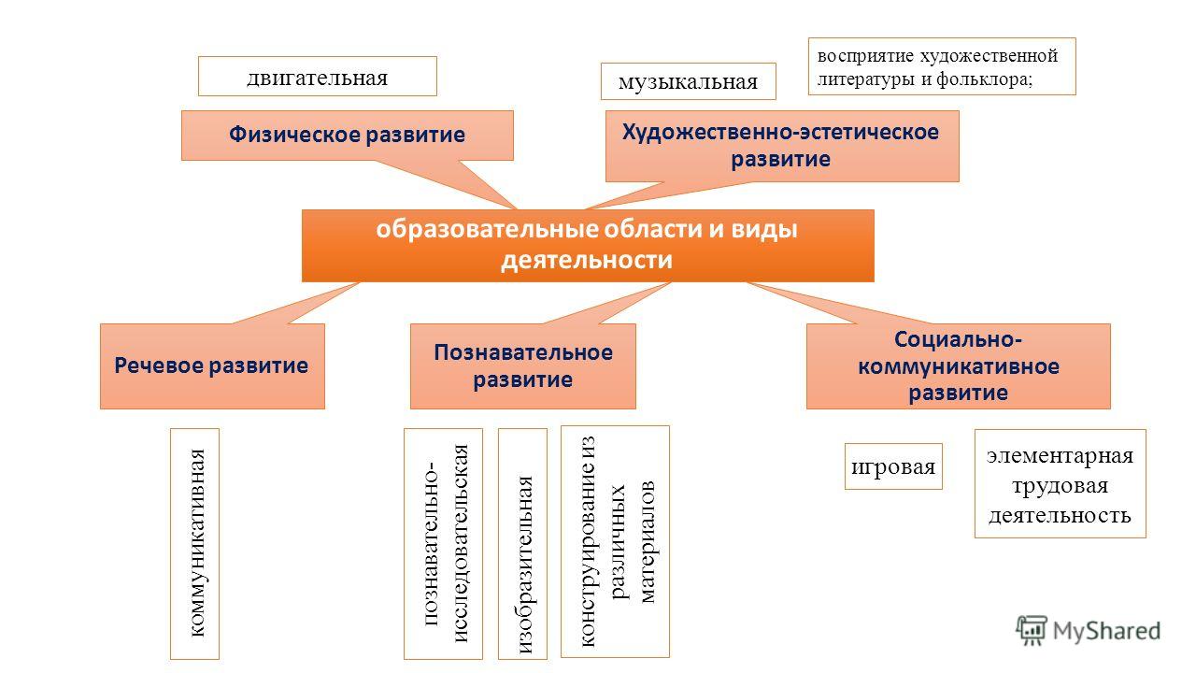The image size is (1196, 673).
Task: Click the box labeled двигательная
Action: pyautogui.click(x=317, y=77)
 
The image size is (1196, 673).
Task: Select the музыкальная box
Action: pyautogui.click(x=689, y=81)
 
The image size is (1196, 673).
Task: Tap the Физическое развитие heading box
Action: pyautogui.click(x=347, y=136)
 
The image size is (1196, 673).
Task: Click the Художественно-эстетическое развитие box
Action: pyautogui.click(x=782, y=146)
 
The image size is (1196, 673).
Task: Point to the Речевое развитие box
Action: pyautogui.click(x=212, y=366)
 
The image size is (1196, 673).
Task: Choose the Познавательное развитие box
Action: pyautogui.click(x=523, y=366)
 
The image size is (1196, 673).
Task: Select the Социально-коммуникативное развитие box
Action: pyautogui.click(x=959, y=366)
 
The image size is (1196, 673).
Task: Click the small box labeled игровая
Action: pyautogui.click(x=893, y=466)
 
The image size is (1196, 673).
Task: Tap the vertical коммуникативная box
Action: pyautogui.click(x=195, y=544)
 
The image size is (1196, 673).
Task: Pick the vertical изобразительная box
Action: pyautogui.click(x=522, y=544)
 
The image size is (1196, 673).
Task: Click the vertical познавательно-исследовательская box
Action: pyautogui.click(x=443, y=544)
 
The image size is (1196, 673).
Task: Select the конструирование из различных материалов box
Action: pyautogui.click(x=615, y=541)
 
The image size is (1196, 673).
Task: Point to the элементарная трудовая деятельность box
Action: pyautogui.click(x=1061, y=483)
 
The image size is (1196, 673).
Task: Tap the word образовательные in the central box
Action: pyautogui.click(x=488, y=230)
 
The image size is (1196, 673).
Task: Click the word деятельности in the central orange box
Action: pyautogui.click(x=586, y=261)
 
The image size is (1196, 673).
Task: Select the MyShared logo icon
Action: pyautogui.click(x=1031, y=630)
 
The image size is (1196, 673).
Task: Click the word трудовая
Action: pyautogui.click(x=1061, y=485)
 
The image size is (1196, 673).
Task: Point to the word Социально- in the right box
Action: pyautogui.click(x=959, y=339)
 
